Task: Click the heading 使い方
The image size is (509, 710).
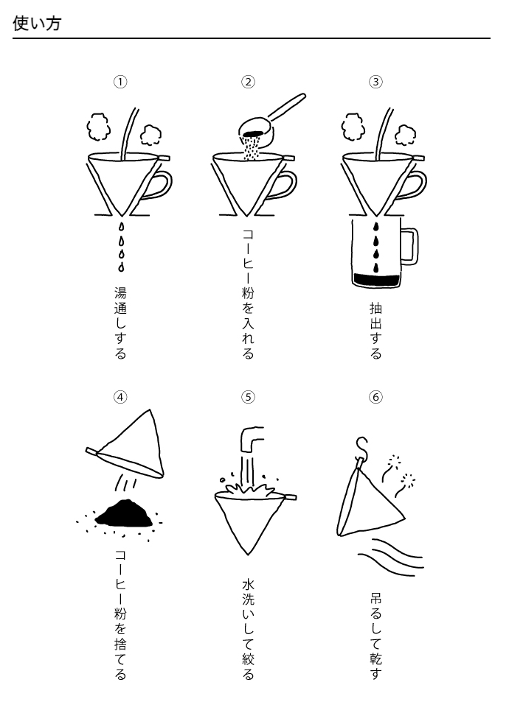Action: pyautogui.click(x=37, y=24)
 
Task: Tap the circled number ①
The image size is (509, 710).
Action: pyautogui.click(x=120, y=82)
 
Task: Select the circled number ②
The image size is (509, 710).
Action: pyautogui.click(x=248, y=82)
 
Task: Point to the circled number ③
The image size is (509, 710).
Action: pyautogui.click(x=375, y=82)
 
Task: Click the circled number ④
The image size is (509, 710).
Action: pyautogui.click(x=120, y=397)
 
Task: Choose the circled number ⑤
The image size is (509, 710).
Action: pyautogui.click(x=248, y=397)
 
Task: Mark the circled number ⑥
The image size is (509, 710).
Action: pyautogui.click(x=375, y=397)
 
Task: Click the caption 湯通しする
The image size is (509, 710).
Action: pyautogui.click(x=120, y=323)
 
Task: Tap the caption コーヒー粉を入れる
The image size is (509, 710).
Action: pyautogui.click(x=248, y=293)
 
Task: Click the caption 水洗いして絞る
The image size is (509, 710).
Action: pyautogui.click(x=248, y=629)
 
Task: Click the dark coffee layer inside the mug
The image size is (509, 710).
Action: pyautogui.click(x=376, y=279)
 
